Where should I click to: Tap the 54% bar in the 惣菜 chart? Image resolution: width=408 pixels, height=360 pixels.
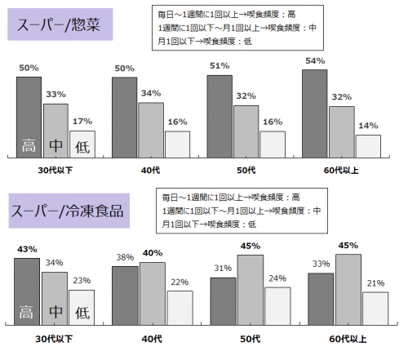point(315,113)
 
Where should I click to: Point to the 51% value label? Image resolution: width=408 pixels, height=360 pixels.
point(219,66)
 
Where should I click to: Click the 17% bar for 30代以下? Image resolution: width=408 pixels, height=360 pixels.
point(82,144)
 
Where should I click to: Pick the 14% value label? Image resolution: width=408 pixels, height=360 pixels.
point(368,126)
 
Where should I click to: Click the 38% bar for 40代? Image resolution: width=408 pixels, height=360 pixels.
point(125,295)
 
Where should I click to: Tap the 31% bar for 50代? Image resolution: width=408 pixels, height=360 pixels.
point(223,300)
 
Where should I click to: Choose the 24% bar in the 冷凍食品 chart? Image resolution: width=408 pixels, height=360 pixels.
point(277,305)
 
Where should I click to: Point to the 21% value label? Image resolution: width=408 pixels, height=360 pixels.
point(375,282)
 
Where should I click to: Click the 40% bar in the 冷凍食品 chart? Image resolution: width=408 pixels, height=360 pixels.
point(152,293)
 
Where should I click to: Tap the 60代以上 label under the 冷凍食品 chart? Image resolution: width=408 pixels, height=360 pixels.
point(348,338)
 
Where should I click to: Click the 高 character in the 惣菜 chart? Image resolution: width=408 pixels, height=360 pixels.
point(28,148)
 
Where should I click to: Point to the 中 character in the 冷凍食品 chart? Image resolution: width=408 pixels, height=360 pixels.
point(55,312)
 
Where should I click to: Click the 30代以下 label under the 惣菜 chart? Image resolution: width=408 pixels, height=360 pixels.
point(55,170)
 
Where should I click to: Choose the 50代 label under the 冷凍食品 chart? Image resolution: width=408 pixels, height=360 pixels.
point(249,338)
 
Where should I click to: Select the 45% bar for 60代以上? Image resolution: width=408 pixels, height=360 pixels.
point(348,290)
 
